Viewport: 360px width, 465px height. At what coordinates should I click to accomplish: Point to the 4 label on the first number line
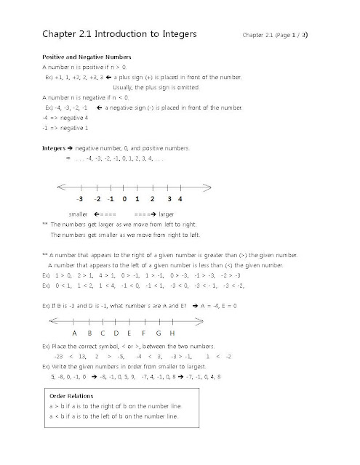(179, 198)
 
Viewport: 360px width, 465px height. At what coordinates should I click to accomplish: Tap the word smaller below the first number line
(79, 215)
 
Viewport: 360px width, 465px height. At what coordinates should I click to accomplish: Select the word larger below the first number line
(165, 215)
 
